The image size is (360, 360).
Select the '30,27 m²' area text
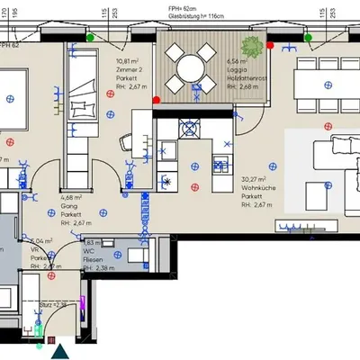coord(256,178)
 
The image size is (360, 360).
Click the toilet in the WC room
coord(135,256)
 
